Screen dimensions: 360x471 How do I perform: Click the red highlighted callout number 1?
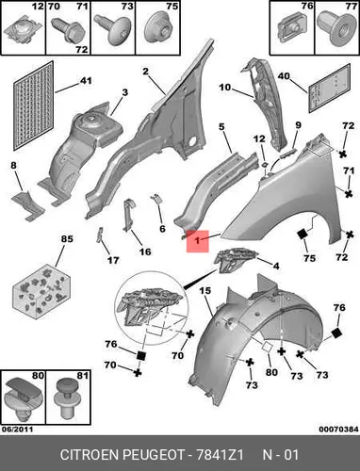point(197,241)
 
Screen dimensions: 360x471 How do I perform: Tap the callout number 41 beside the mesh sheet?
point(86,80)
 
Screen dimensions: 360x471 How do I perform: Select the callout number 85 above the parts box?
point(67,239)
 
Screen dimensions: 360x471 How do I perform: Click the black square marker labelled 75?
point(303,235)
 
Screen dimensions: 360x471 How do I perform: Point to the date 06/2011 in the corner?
point(17,429)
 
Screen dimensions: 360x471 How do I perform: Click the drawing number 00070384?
point(338,429)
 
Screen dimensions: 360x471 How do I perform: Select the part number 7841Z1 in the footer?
point(220,455)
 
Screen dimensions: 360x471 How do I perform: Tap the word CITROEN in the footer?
point(89,455)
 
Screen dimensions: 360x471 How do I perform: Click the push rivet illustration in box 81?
point(67,398)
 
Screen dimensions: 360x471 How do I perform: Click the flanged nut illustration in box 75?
point(158,29)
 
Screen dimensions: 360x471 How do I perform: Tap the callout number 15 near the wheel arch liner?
point(205,291)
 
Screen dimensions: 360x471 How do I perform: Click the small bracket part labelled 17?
point(100,235)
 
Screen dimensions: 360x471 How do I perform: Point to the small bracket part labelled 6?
point(157,199)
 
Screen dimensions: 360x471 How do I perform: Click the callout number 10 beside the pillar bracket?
point(225,87)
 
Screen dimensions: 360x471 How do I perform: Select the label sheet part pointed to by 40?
point(329,88)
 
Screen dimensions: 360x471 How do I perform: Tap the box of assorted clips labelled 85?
point(41,289)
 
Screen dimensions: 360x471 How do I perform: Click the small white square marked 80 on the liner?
point(268,347)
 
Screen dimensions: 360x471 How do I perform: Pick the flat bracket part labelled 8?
point(28,205)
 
